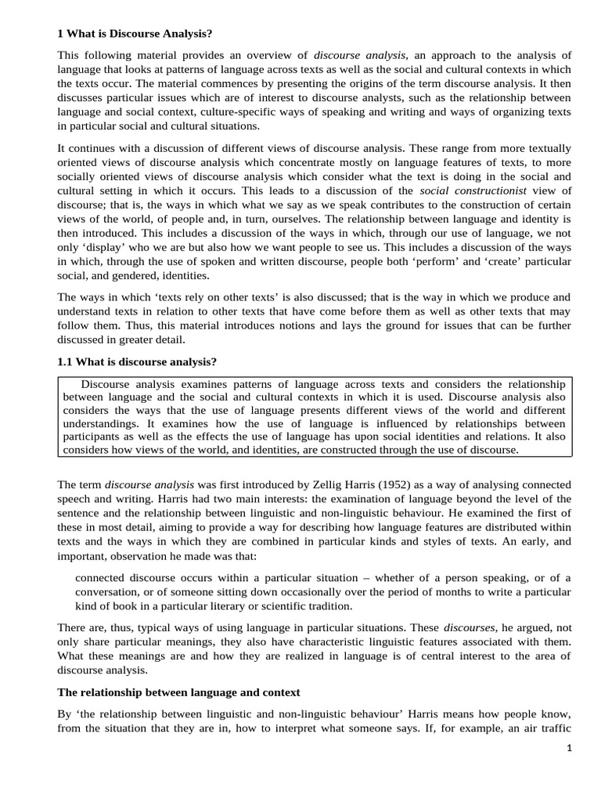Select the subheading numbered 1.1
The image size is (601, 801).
[x=137, y=361]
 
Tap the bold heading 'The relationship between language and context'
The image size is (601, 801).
[x=178, y=692]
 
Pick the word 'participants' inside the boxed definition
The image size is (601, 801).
[x=93, y=436]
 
